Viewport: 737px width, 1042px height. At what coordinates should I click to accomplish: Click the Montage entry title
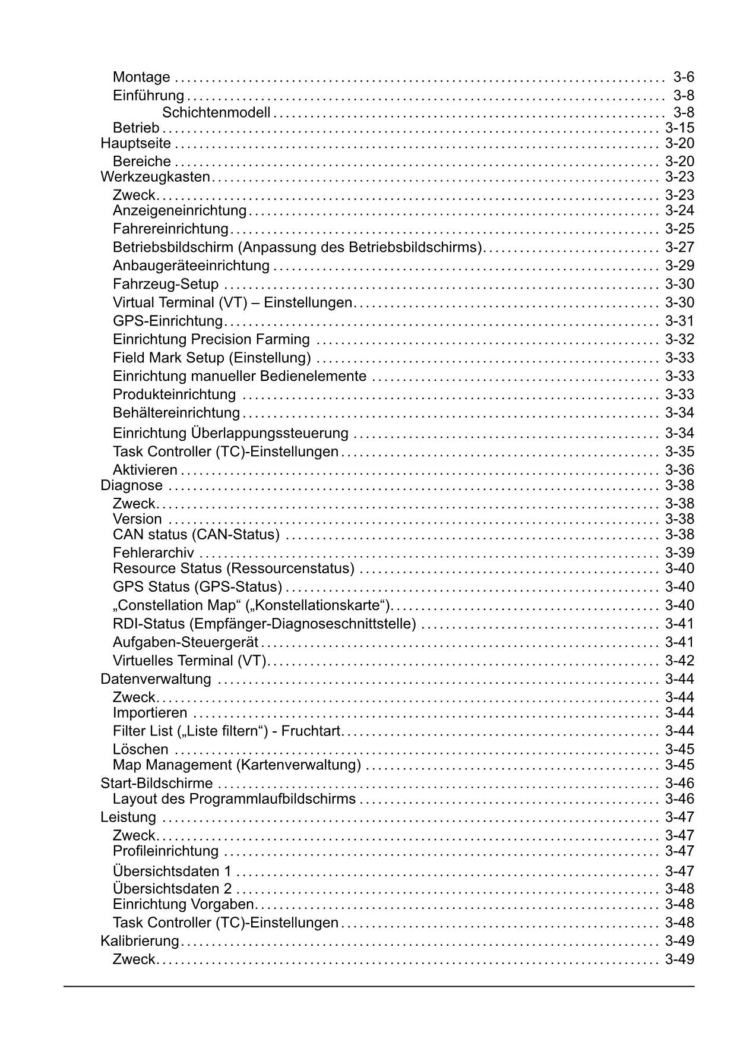[141, 77]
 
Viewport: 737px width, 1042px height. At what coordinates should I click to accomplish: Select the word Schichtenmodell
[216, 112]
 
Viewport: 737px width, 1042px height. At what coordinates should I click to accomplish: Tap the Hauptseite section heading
[136, 143]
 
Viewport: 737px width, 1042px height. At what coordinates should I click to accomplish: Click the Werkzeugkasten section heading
[156, 176]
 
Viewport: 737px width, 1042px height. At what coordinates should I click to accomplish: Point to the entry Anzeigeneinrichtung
[179, 210]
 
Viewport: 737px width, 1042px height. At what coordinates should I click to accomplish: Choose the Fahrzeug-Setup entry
[166, 284]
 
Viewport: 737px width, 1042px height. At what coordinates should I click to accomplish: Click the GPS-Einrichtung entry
[167, 321]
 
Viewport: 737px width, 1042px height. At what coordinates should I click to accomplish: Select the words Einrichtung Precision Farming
[211, 339]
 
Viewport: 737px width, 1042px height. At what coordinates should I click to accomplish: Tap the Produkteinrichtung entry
[174, 394]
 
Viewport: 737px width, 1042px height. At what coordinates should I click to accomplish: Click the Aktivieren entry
[145, 470]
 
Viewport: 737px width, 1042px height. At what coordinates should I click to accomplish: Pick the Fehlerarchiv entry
[153, 553]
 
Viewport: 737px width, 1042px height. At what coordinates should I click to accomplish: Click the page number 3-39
[679, 553]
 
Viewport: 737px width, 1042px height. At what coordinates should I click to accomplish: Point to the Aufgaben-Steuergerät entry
[186, 642]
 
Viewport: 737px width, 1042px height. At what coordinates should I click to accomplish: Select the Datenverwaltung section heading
[156, 679]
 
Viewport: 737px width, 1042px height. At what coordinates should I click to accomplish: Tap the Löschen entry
[141, 749]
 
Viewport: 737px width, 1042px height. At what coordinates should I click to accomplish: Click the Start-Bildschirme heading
[157, 783]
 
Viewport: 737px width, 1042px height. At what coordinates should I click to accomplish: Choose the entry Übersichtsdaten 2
[172, 889]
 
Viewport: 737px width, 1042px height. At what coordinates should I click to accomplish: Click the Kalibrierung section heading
[140, 941]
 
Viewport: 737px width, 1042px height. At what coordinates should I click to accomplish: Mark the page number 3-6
[684, 77]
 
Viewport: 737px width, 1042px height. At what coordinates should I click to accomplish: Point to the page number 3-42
[679, 661]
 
